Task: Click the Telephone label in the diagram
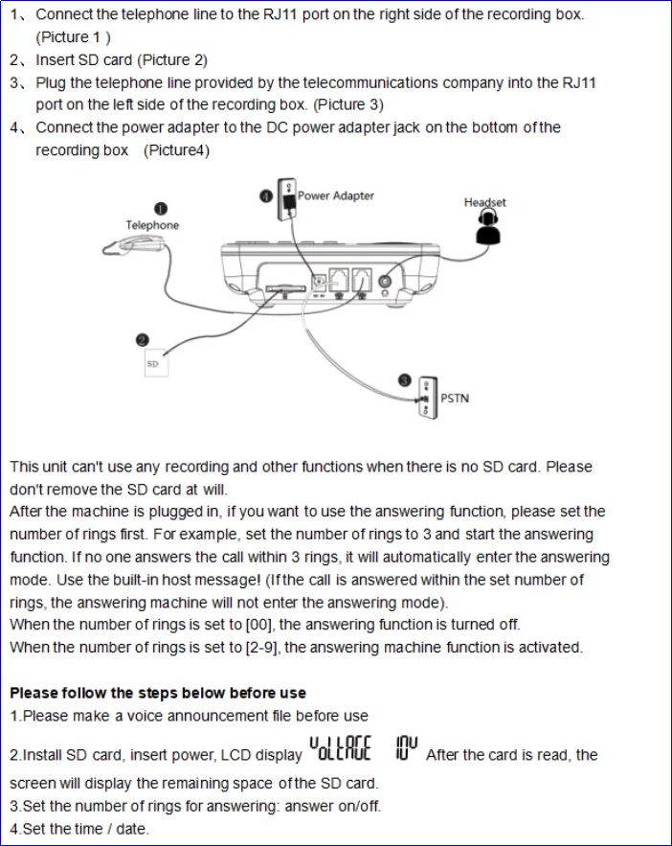coord(152,225)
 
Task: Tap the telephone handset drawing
coord(133,247)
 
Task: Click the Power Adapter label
coord(335,195)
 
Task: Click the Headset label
coord(484,202)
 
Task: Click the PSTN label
coord(455,398)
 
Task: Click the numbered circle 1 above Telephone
coord(161,209)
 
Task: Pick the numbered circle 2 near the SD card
coord(142,339)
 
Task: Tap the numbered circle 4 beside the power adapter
coord(265,195)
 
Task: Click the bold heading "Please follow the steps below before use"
coord(158,693)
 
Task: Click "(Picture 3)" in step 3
coord(348,104)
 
